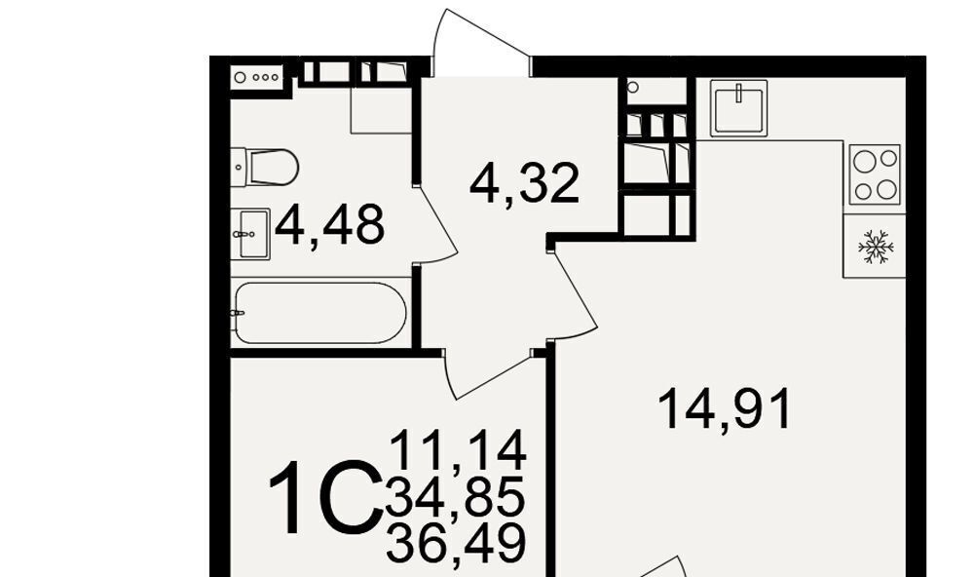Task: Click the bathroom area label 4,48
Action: point(330,226)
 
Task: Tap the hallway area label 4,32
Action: point(525,183)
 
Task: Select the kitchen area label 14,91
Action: point(725,408)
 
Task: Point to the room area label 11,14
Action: point(459,450)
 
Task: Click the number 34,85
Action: point(455,495)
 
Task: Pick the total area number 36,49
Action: point(457,542)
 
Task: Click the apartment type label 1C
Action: point(326,497)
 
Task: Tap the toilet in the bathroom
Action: point(265,167)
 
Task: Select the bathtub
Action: point(320,313)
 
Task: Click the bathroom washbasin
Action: point(250,234)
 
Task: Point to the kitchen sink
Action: point(738,107)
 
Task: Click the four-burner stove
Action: point(875,174)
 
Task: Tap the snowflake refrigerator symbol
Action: point(876,247)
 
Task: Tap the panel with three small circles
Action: point(256,78)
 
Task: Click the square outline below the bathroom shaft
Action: point(381,109)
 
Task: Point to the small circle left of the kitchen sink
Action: point(633,87)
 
